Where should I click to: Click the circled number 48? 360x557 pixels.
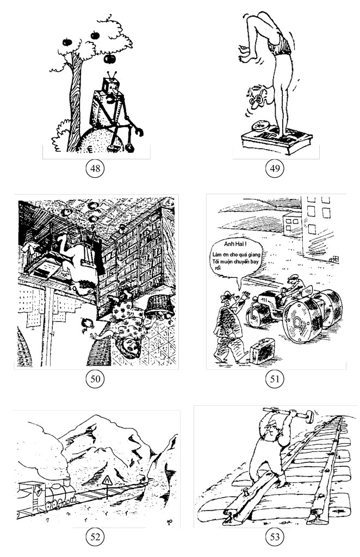(95, 168)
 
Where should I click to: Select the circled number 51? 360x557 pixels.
(275, 379)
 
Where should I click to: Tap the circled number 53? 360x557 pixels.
(275, 536)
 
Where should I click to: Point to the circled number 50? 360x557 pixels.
(95, 379)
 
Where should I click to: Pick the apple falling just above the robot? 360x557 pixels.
(110, 58)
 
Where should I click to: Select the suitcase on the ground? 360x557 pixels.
(262, 351)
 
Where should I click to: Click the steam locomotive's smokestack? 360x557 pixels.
(66, 482)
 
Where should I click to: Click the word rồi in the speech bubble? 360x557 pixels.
(218, 268)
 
